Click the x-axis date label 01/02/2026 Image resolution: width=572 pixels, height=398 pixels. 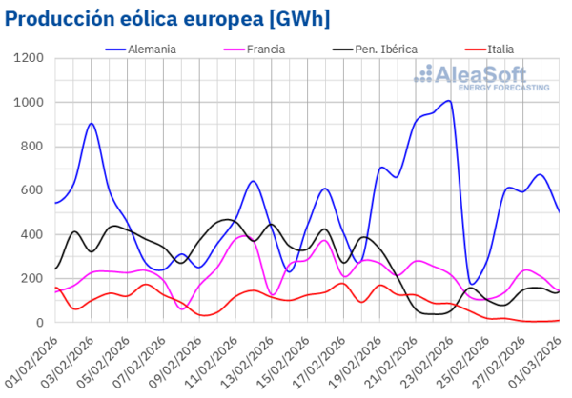pyautogui.click(x=31, y=360)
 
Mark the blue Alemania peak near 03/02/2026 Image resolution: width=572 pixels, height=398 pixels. pyautogui.click(x=91, y=123)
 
